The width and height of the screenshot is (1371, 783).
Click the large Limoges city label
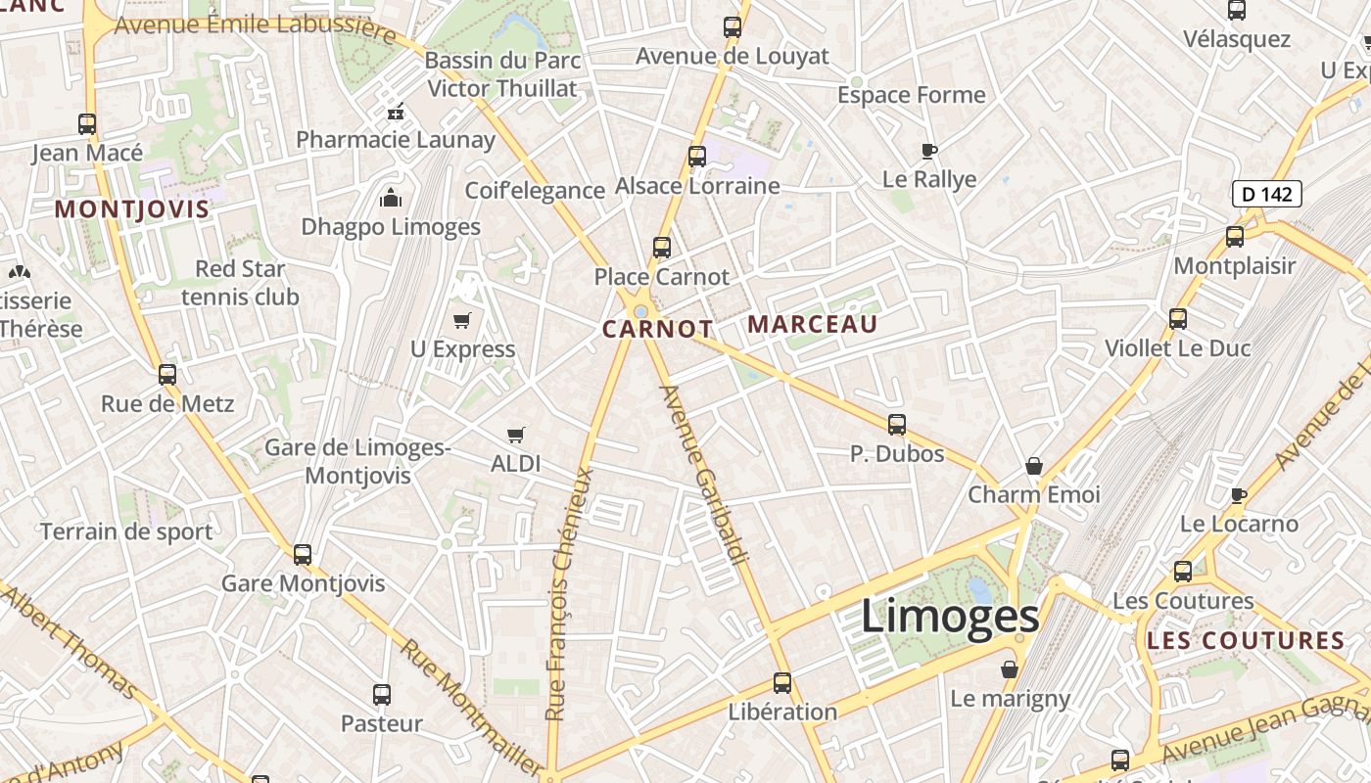(950, 617)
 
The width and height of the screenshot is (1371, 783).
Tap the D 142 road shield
(1267, 194)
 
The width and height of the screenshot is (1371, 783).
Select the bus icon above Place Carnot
(662, 248)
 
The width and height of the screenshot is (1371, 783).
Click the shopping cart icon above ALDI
(516, 435)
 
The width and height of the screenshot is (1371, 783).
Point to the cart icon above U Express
(462, 321)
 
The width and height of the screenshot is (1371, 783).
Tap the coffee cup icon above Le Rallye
(929, 151)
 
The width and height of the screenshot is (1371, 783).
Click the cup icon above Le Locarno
(1239, 495)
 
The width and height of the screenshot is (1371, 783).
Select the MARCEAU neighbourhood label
(813, 324)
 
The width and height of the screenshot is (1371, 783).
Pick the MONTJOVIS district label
(132, 208)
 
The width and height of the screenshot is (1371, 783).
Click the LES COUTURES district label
(1246, 641)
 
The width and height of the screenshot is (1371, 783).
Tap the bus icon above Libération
(782, 683)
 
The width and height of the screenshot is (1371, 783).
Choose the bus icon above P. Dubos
(897, 425)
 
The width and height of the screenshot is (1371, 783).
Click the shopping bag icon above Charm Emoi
(1034, 466)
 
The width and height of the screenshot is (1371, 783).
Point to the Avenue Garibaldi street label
(704, 475)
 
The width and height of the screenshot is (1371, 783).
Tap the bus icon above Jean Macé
(87, 124)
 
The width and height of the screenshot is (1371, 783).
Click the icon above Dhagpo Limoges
(391, 199)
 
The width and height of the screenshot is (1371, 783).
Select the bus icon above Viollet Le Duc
(1178, 319)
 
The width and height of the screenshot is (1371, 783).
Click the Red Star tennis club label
(240, 282)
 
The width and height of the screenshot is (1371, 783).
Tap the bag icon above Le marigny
(1010, 669)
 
